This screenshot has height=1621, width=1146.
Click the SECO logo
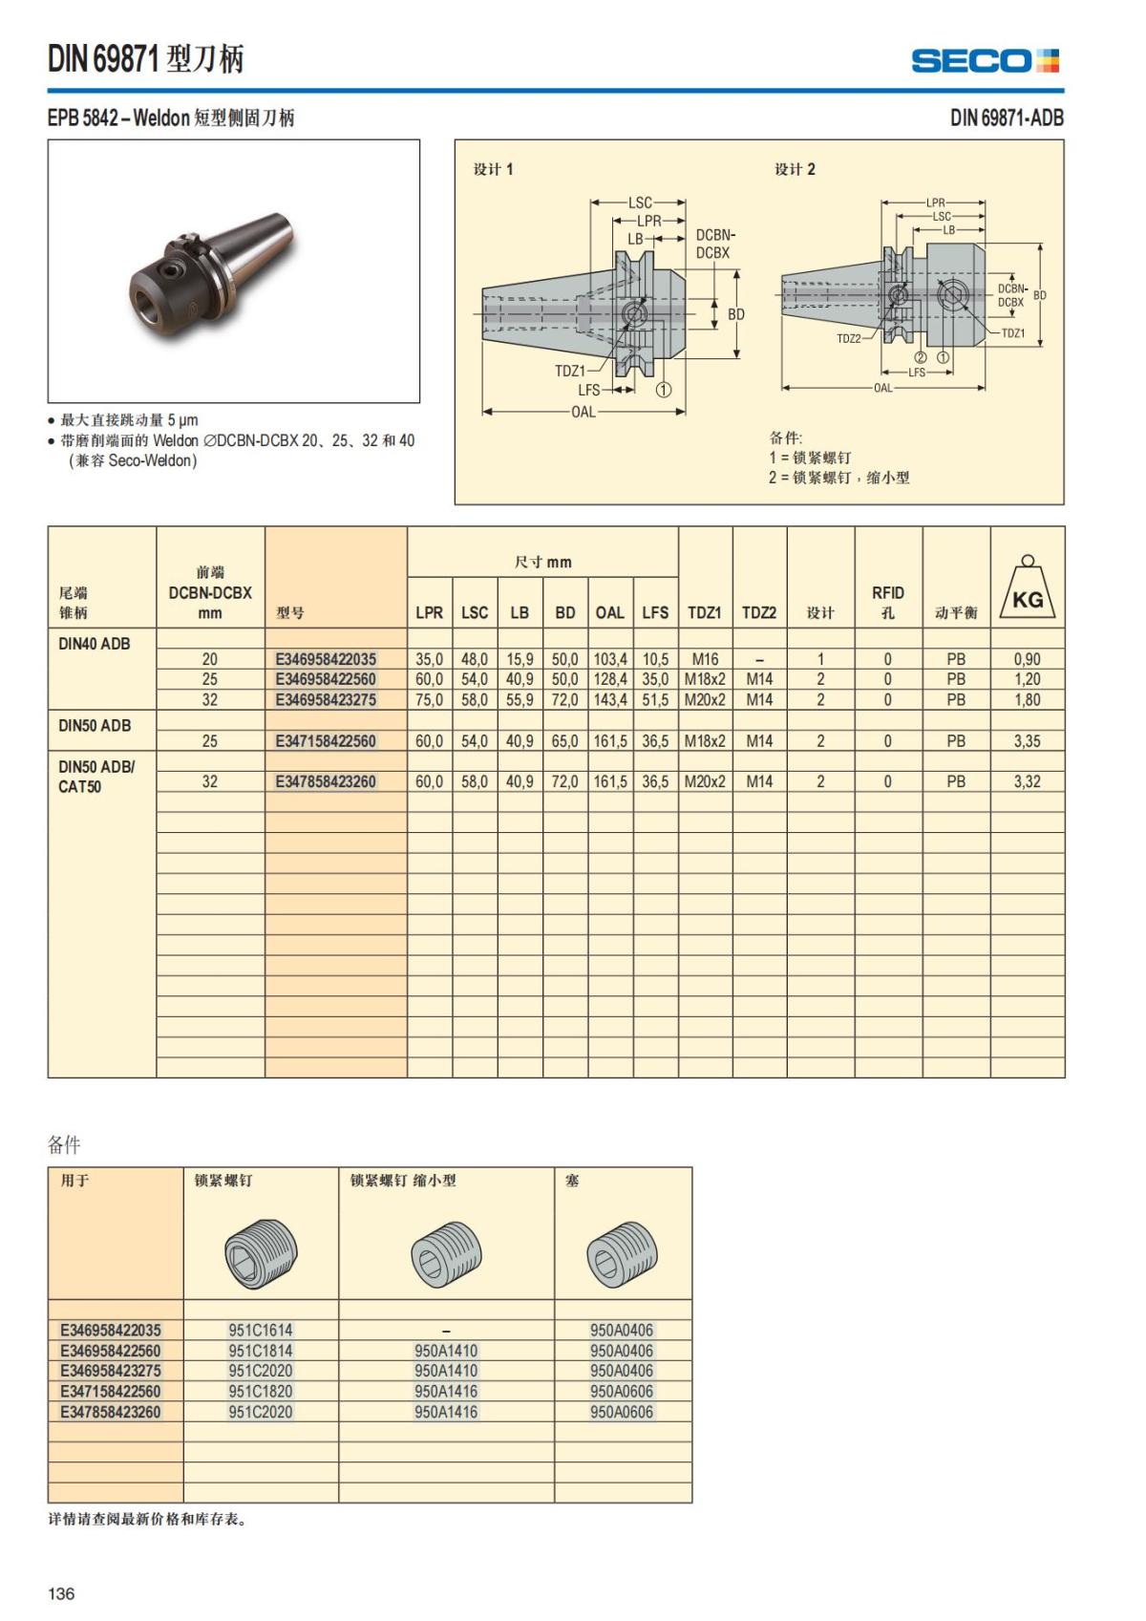coord(985,61)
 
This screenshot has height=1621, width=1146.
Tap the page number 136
coord(61,1593)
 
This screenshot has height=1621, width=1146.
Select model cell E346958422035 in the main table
coord(326,659)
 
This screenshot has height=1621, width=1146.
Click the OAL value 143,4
coord(610,699)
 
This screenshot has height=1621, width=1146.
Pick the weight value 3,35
coord(1027,740)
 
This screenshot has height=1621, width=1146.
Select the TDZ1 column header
coord(705,612)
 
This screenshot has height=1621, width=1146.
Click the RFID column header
coord(887,602)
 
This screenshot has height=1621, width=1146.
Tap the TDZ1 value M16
coord(705,659)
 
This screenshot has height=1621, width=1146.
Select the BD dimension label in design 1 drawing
coord(736,314)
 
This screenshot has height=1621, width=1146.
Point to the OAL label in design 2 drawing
coord(882,388)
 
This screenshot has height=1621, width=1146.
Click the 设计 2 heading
coord(795,169)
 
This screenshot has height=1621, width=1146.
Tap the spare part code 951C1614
coord(261,1330)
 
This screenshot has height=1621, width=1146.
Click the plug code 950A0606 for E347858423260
coord(621,1412)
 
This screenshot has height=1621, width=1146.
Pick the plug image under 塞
coord(621,1252)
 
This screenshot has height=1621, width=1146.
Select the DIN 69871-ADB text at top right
coord(1007,117)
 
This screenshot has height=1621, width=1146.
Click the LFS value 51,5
coord(655,699)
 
